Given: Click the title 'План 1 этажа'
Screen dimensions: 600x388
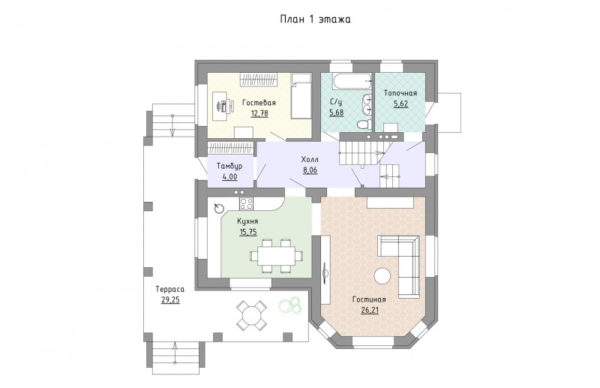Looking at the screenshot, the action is tap(315, 20).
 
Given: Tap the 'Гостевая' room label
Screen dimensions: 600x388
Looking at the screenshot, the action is tap(259, 103).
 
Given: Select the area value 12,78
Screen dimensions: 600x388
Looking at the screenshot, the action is tap(259, 113).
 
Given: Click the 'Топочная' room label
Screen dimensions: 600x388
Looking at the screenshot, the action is tap(400, 93).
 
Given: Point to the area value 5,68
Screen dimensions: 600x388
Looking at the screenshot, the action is tap(336, 113).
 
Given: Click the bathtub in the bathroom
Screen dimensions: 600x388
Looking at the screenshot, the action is tap(352, 81).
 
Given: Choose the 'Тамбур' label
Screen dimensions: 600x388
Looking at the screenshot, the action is tap(229, 166).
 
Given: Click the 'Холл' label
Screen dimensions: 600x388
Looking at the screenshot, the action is tap(310, 159).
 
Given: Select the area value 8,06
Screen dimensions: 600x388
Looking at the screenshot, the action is tap(310, 170).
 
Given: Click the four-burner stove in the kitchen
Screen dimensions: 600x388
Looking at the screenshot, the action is tap(246, 203).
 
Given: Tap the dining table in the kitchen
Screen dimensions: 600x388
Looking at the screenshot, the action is tap(276, 255).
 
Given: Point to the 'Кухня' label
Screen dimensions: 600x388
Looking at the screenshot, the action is tap(247, 221).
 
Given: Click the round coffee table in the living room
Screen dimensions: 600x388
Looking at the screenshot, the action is tap(382, 276).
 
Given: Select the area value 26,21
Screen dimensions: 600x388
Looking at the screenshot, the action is tap(370, 310).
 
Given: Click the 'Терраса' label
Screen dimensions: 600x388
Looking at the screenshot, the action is tap(170, 289).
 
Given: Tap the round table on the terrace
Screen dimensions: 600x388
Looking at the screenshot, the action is tap(251, 315).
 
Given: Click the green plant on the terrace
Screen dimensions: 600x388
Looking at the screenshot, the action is tap(290, 305).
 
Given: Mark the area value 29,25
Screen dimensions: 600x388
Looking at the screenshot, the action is tap(170, 300).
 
